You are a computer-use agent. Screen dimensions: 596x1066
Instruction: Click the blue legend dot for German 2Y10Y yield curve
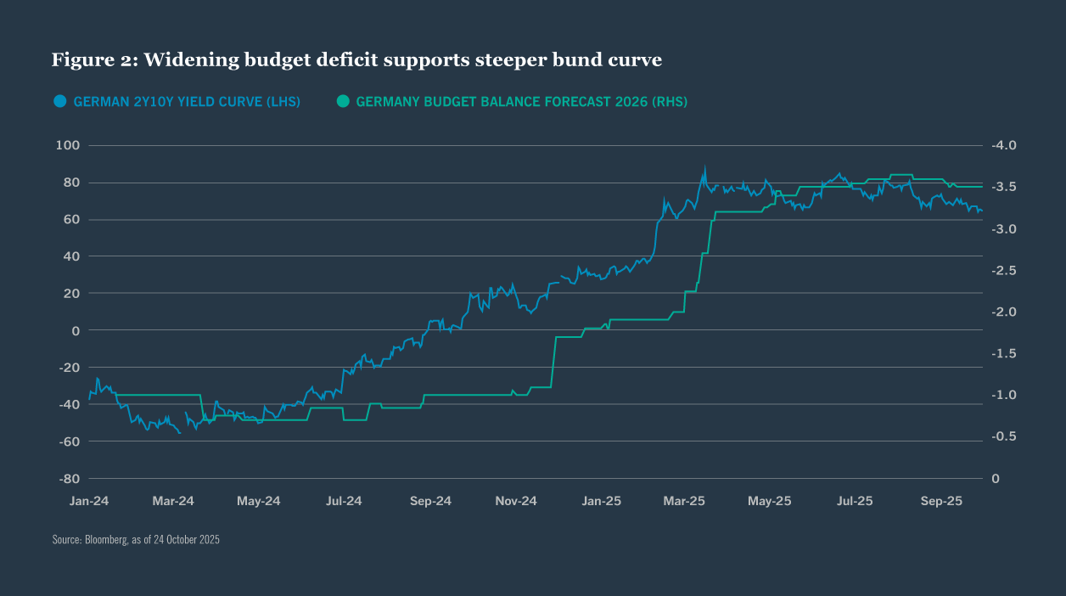click(x=59, y=101)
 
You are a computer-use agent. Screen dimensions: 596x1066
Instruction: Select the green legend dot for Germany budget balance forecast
click(x=343, y=101)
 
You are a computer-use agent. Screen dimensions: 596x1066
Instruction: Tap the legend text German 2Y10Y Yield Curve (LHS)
click(x=186, y=102)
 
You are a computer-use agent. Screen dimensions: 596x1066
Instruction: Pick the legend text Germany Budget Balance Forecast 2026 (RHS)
click(x=521, y=102)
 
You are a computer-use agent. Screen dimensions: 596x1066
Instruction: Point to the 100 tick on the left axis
click(x=67, y=145)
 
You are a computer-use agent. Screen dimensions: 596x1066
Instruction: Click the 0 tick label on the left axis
click(x=75, y=330)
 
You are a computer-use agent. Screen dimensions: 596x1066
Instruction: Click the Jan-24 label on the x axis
click(x=88, y=501)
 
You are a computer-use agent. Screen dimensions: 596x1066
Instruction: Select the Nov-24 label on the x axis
click(x=515, y=501)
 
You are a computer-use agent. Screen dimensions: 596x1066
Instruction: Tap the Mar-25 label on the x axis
click(x=685, y=501)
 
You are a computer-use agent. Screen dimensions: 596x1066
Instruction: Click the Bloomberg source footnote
click(x=136, y=540)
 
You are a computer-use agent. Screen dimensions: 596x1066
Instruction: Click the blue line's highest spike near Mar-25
click(x=704, y=167)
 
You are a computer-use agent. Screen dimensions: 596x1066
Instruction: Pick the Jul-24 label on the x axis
click(x=344, y=501)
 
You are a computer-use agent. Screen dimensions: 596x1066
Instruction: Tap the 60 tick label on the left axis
click(x=70, y=219)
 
